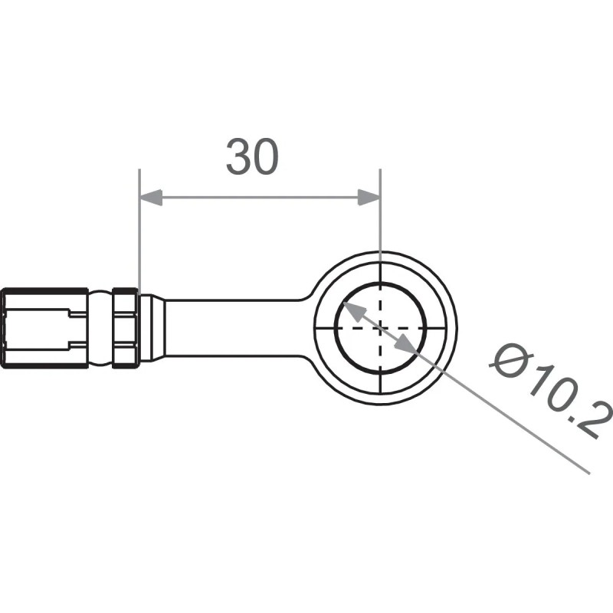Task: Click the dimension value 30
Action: (252, 157)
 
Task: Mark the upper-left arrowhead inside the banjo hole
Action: (352, 310)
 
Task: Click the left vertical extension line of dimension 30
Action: (139, 230)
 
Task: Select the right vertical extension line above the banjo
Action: (380, 222)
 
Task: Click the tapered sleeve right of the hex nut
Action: (151, 327)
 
